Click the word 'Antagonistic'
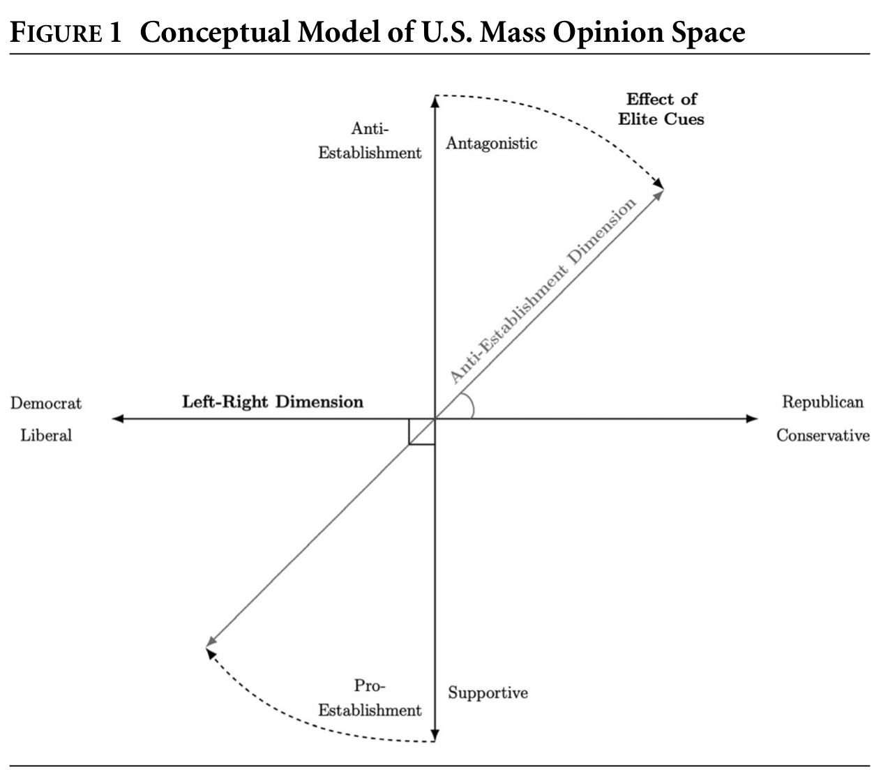(x=492, y=144)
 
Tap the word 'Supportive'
(x=488, y=693)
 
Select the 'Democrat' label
(x=46, y=403)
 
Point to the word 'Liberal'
(x=46, y=435)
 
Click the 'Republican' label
(x=822, y=402)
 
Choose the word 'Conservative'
(x=823, y=436)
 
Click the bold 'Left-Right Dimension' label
(x=273, y=402)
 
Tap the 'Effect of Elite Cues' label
(x=661, y=109)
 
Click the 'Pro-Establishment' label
(x=370, y=698)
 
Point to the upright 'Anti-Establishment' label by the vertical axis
(x=370, y=141)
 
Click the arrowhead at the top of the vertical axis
(x=435, y=101)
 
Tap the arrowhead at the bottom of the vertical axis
(x=435, y=736)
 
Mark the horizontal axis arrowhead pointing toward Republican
(x=751, y=419)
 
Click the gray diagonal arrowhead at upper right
(x=659, y=193)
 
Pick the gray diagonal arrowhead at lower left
(x=210, y=644)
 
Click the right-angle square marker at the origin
(x=422, y=432)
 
